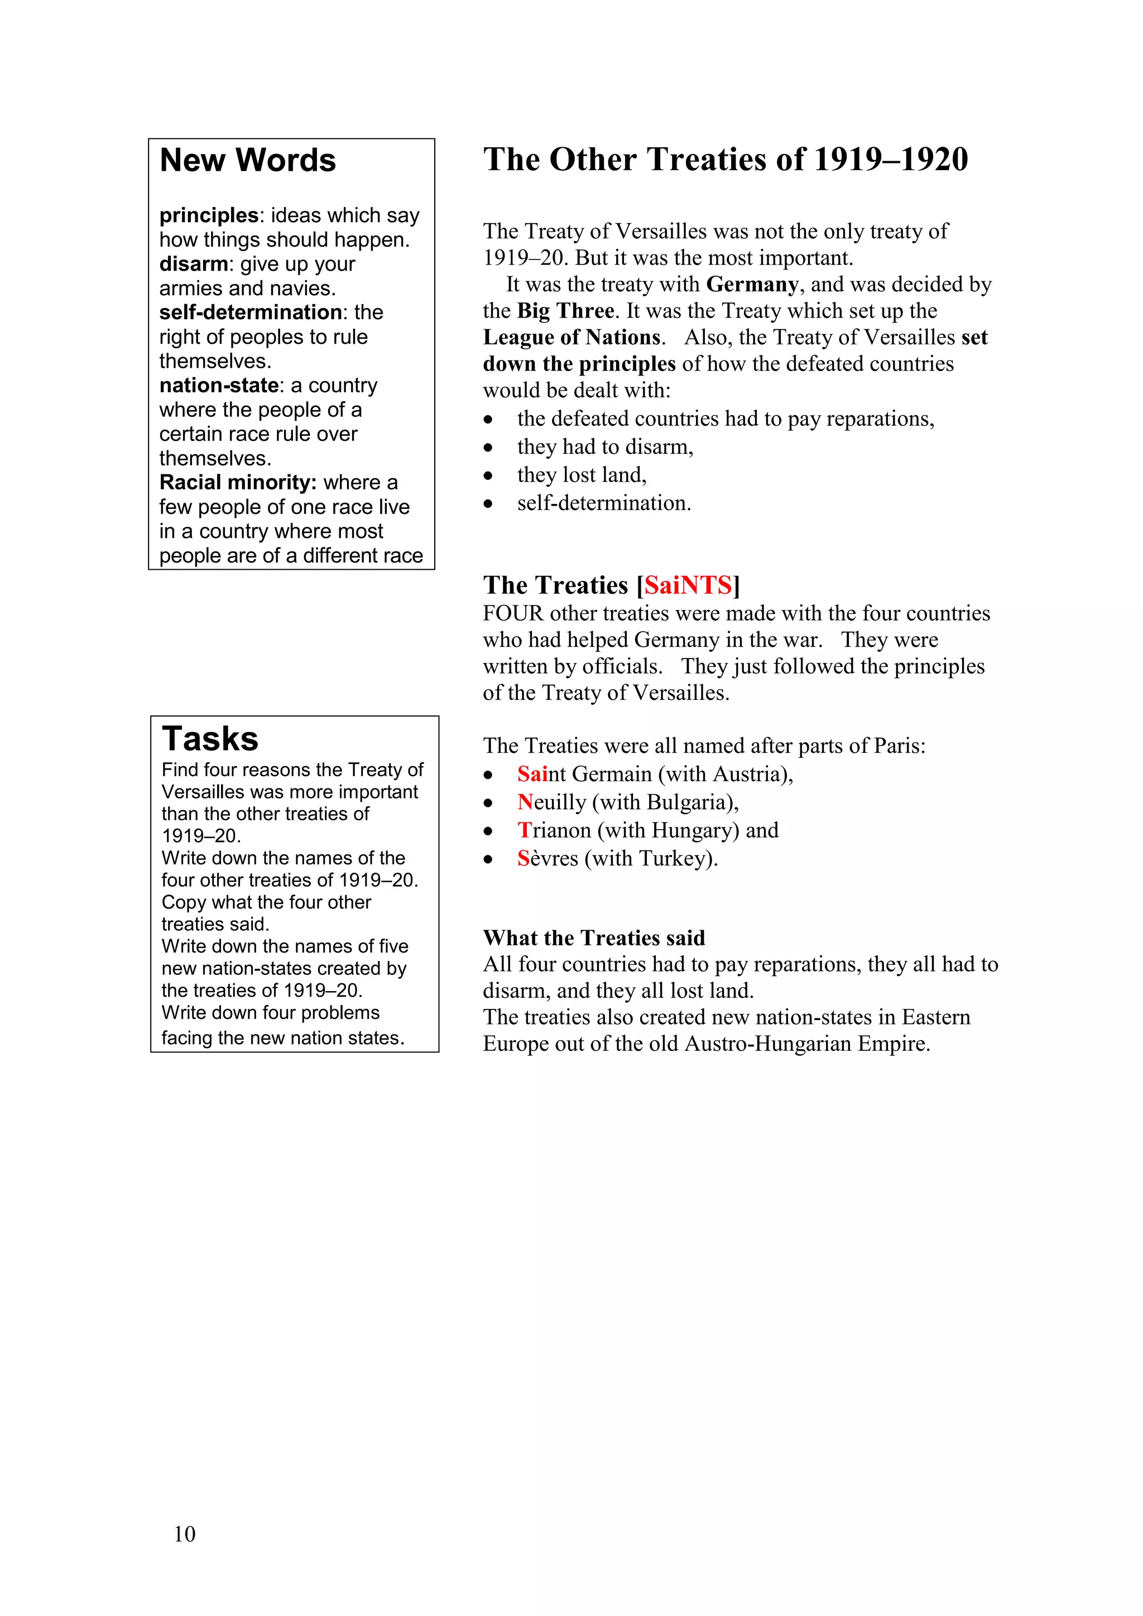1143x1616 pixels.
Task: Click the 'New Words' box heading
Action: (248, 161)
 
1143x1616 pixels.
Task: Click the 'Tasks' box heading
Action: (210, 739)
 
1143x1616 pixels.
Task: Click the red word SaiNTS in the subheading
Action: (688, 585)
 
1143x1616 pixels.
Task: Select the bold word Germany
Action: (752, 285)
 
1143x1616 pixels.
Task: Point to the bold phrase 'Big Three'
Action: (565, 311)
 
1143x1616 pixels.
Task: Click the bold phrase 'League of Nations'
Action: (571, 338)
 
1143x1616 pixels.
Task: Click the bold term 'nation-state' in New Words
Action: (219, 386)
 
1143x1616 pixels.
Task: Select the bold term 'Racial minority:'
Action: (238, 483)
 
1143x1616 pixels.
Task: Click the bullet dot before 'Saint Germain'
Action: (488, 776)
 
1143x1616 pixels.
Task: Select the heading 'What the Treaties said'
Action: (594, 938)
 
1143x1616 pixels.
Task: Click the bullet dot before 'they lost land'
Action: (488, 477)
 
